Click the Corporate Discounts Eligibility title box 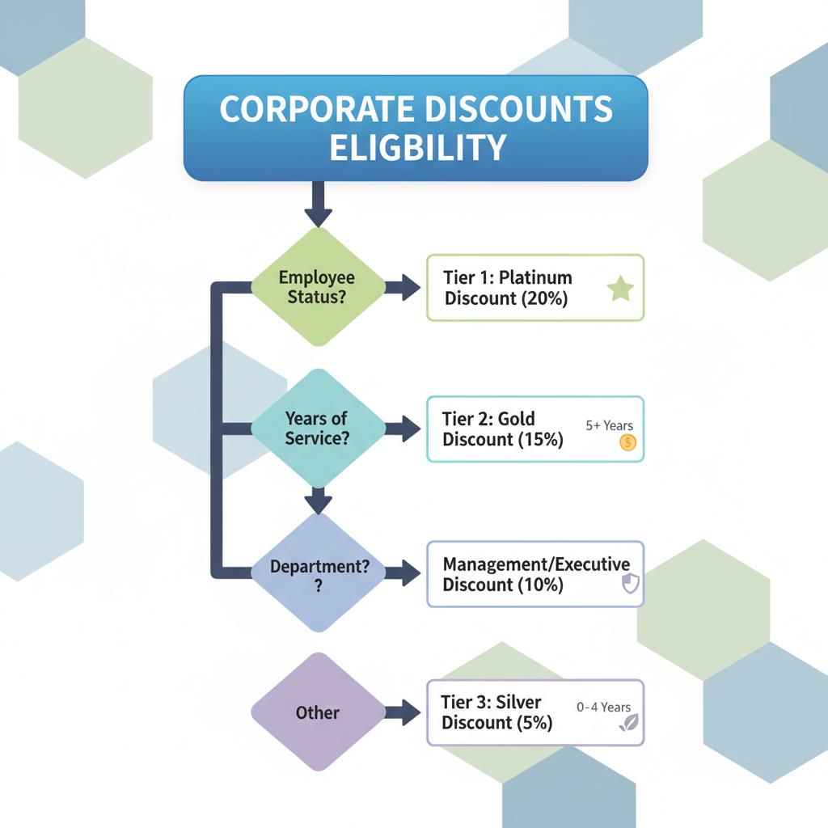416,128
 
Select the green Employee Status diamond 317,287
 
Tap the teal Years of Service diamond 317,429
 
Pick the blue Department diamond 319,573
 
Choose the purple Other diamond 318,712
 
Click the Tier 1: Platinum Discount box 534,288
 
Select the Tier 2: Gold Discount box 534,429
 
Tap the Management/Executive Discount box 534,574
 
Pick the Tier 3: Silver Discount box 534,712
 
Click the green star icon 620,289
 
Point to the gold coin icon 628,442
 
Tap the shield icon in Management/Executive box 631,585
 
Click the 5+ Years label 609,425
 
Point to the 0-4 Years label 604,707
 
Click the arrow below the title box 318,205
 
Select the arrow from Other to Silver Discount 401,712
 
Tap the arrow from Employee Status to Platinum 402,287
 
